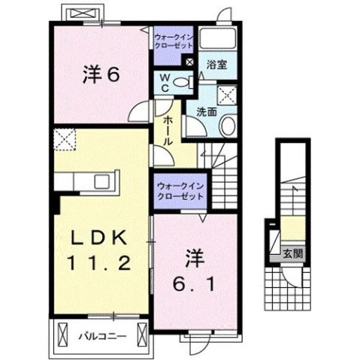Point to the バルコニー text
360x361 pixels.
coord(101,331)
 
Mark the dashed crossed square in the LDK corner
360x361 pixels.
coord(65,140)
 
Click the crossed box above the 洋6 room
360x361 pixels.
coord(80,14)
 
